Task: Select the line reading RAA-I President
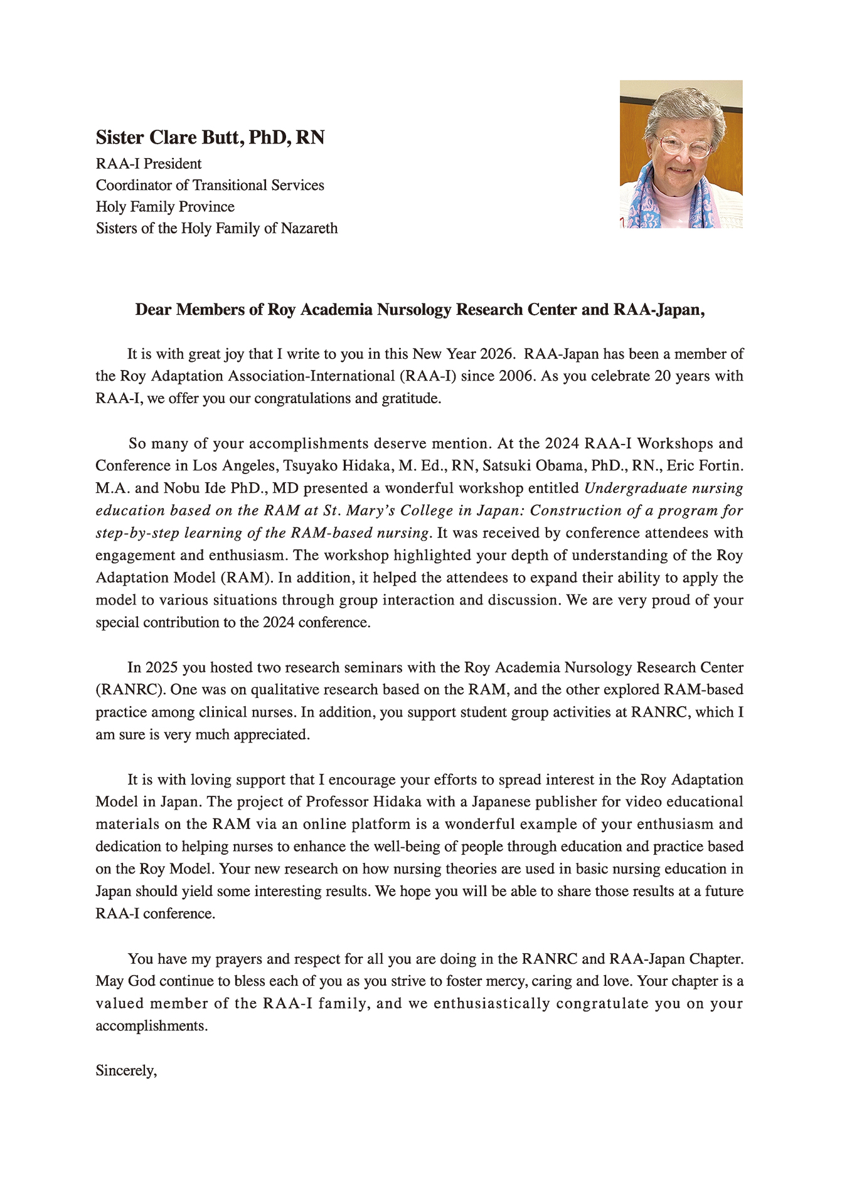coord(149,164)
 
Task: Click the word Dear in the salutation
coord(154,310)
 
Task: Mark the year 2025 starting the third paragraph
coord(162,668)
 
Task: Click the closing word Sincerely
coord(125,1071)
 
